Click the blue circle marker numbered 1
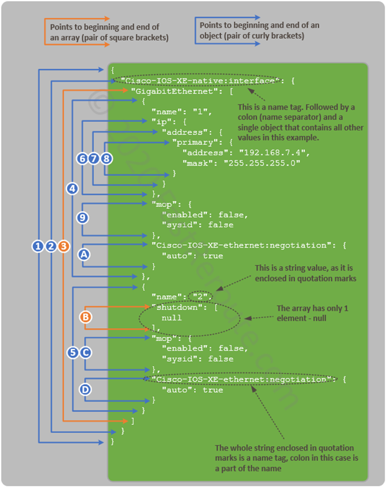click(x=38, y=246)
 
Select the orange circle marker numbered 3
click(x=63, y=246)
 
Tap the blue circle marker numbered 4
click(x=72, y=188)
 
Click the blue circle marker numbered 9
click(x=82, y=218)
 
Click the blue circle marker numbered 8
click(x=107, y=158)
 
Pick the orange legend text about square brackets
click(x=107, y=32)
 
